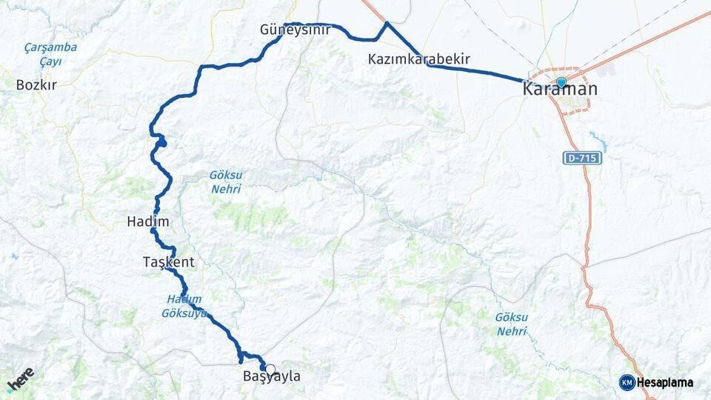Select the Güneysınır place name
(x=295, y=30)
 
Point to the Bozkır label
(x=36, y=85)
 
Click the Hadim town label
(x=148, y=221)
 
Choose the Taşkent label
(x=169, y=261)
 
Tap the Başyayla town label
(x=273, y=377)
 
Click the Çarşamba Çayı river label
(x=50, y=54)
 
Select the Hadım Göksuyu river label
(x=182, y=306)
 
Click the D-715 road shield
(x=582, y=159)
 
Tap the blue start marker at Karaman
(x=561, y=82)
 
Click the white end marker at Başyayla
(x=270, y=370)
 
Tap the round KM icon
(x=627, y=382)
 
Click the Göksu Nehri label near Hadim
(x=226, y=182)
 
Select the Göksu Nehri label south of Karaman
(x=512, y=323)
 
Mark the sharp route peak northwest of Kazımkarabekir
(x=387, y=24)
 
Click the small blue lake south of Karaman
(x=598, y=141)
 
